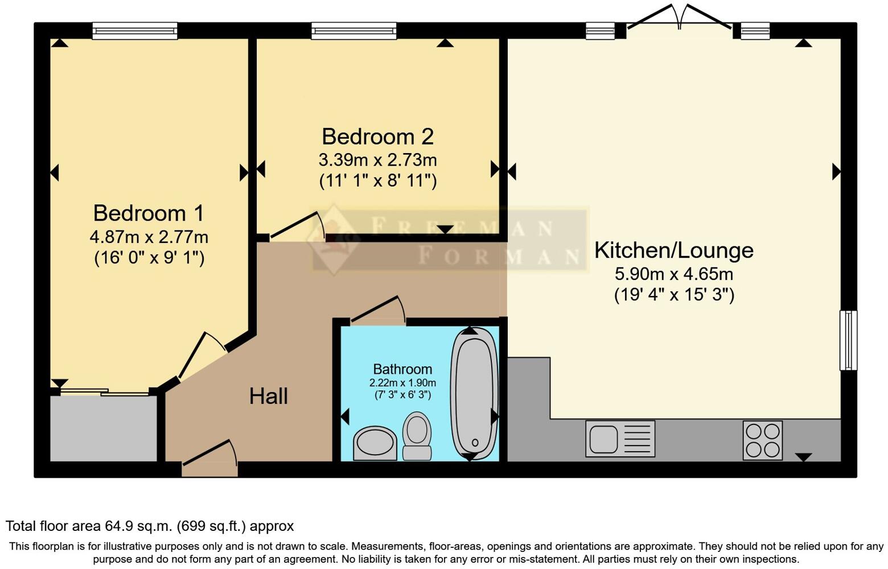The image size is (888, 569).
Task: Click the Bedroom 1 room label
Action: [x=149, y=213]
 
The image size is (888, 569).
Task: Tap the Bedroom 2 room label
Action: [x=377, y=137]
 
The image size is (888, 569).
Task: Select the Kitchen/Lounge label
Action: [x=673, y=250]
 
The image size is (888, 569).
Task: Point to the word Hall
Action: [x=268, y=396]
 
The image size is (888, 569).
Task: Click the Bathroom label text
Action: [x=402, y=369]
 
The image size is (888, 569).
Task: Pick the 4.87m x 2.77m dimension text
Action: [x=149, y=236]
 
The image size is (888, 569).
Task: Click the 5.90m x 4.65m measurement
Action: [x=673, y=274]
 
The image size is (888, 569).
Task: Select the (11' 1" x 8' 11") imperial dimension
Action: [x=377, y=181]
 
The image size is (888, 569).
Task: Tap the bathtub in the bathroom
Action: [x=474, y=393]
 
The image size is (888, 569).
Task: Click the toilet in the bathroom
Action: [x=417, y=435]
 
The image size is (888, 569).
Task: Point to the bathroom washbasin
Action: [x=375, y=443]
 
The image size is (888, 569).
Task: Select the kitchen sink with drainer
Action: [x=620, y=439]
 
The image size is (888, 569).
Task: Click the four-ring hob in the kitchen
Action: [x=762, y=440]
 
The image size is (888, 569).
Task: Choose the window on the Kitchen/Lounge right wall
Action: [x=848, y=340]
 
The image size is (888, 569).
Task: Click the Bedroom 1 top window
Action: [x=135, y=31]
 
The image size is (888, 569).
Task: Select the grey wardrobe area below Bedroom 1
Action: [x=104, y=428]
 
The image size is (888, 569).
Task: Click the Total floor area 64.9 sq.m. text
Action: [x=150, y=526]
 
